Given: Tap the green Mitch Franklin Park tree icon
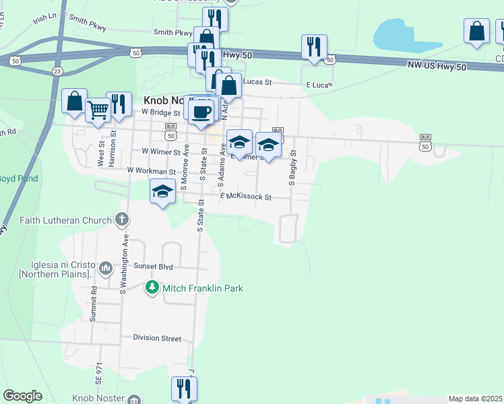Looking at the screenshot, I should (153, 288).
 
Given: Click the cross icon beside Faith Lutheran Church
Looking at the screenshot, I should (121, 219).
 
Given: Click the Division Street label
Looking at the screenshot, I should (157, 338).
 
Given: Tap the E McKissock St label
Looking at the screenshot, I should (245, 197).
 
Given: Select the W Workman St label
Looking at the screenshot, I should (152, 171).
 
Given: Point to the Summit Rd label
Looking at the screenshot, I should (94, 304).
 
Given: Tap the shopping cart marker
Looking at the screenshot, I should (98, 108).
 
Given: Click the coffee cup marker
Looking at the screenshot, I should (202, 112).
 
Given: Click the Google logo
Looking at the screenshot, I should (22, 396).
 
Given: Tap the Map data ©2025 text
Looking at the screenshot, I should (476, 399).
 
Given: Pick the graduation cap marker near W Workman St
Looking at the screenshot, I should (162, 192).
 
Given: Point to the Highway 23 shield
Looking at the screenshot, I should (57, 71).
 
